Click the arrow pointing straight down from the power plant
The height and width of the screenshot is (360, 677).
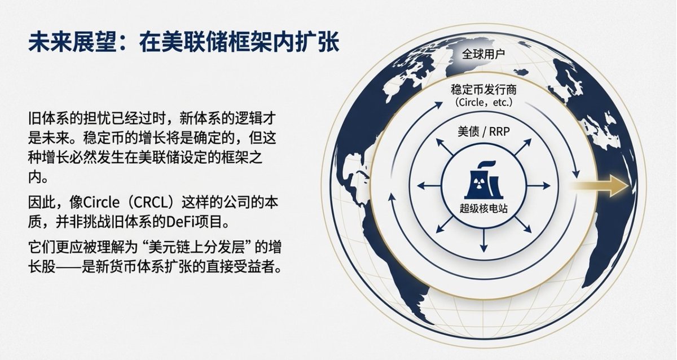pos(483,243)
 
